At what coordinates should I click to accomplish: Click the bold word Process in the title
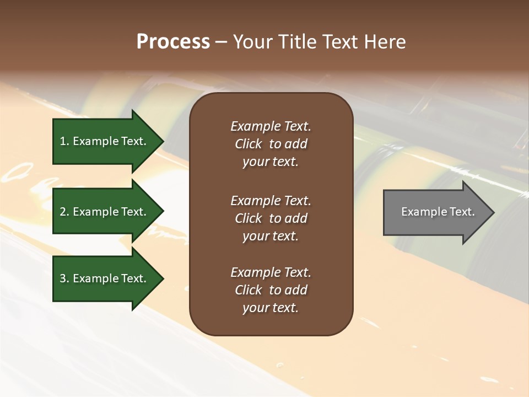click(x=173, y=42)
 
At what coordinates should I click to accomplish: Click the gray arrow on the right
click(x=435, y=212)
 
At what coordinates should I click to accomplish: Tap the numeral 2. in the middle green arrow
click(x=64, y=212)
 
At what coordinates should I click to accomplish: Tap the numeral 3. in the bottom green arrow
click(x=64, y=278)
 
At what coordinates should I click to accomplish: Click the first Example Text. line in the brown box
click(x=271, y=126)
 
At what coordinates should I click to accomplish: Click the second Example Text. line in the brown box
click(x=271, y=201)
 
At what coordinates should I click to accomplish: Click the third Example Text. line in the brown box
click(x=271, y=272)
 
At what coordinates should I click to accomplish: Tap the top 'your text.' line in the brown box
click(x=271, y=162)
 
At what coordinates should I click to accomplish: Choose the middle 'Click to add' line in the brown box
click(x=271, y=218)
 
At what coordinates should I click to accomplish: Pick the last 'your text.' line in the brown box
click(x=271, y=308)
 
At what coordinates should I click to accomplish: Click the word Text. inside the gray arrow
click(x=462, y=212)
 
